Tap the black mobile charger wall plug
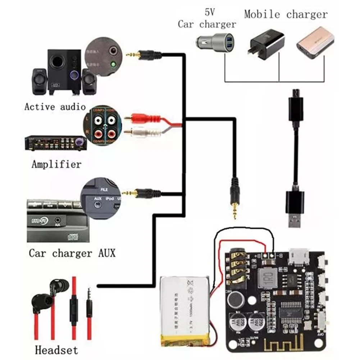[x=265, y=46]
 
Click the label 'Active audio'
[x=55, y=107]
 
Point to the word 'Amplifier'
[x=56, y=165]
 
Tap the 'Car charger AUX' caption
[x=72, y=253]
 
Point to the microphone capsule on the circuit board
[x=235, y=298]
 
